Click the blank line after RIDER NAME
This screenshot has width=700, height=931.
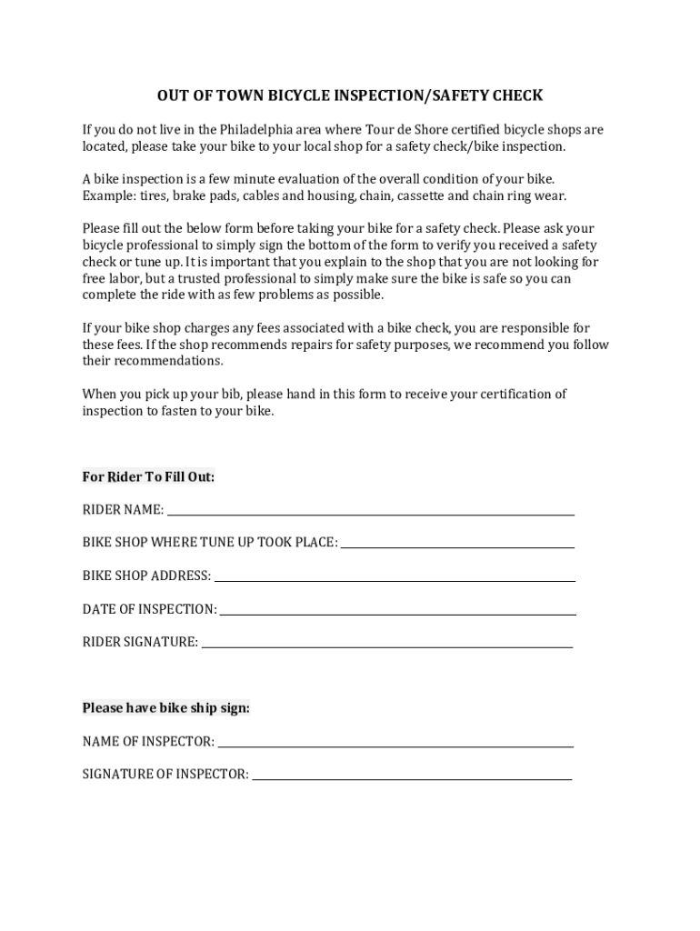pyautogui.click(x=370, y=511)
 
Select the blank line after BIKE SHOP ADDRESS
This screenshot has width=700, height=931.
pyautogui.click(x=395, y=577)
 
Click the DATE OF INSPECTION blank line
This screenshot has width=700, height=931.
pyautogui.click(x=397, y=610)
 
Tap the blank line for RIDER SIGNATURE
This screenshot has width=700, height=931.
pyautogui.click(x=387, y=643)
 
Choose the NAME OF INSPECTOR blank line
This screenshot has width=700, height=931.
pyautogui.click(x=395, y=743)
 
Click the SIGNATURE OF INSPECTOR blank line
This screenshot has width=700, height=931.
pyautogui.click(x=412, y=776)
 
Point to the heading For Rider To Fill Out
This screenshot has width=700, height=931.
pyautogui.click(x=148, y=476)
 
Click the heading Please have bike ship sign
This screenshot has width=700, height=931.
pyautogui.click(x=165, y=707)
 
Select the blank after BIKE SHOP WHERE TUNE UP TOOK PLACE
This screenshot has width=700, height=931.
pyautogui.click(x=457, y=544)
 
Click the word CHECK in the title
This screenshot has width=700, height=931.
pyautogui.click(x=516, y=95)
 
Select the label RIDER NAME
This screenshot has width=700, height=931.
pyautogui.click(x=123, y=510)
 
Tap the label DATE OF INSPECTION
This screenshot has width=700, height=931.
pyautogui.click(x=149, y=609)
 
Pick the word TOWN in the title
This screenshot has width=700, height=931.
pyautogui.click(x=215, y=95)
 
